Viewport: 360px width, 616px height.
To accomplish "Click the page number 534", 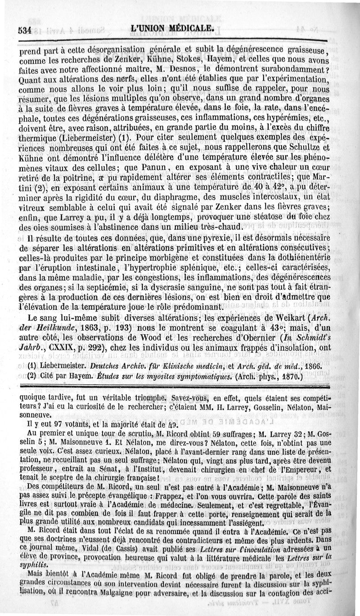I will coord(23,31).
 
